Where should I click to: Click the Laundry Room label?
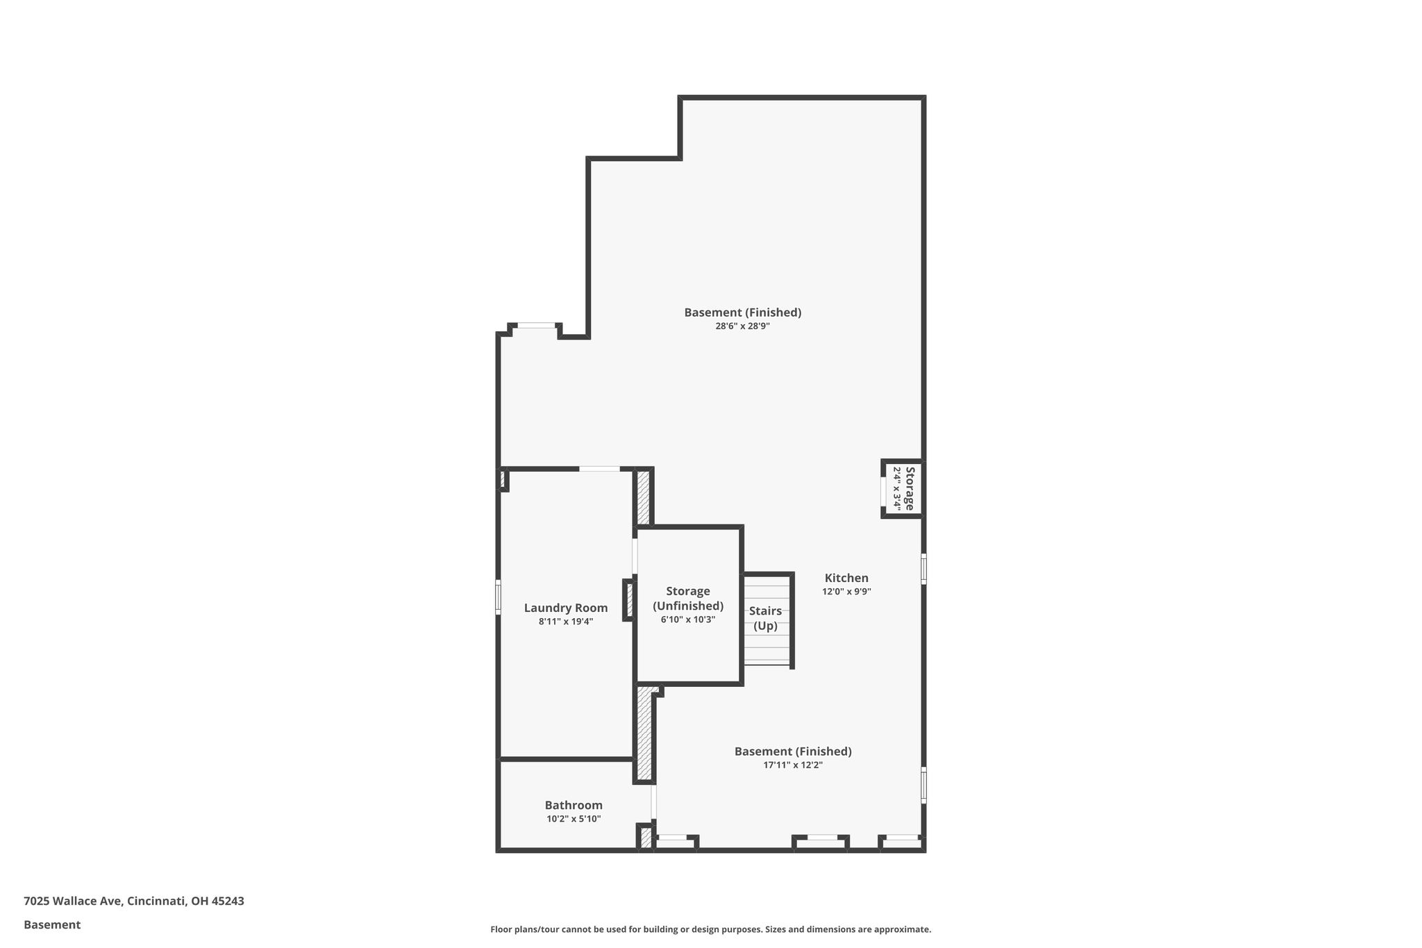(x=565, y=608)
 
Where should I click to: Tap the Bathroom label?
(x=574, y=806)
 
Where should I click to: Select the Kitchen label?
(x=846, y=578)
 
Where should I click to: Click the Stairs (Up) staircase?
(x=767, y=619)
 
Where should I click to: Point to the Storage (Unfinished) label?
(x=688, y=599)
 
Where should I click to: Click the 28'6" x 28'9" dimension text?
(x=743, y=326)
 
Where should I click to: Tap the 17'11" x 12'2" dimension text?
(x=793, y=765)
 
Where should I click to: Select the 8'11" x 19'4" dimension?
(x=566, y=622)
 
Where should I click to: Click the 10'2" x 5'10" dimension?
(x=574, y=819)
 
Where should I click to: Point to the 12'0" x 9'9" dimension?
(x=846, y=592)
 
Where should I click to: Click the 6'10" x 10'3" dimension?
(x=688, y=619)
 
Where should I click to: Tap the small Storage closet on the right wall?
(x=903, y=489)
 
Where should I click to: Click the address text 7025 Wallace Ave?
(x=73, y=901)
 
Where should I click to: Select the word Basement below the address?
(x=52, y=924)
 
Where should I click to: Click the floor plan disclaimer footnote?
(x=710, y=929)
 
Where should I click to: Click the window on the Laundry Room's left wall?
(x=498, y=597)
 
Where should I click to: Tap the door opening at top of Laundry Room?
(x=600, y=469)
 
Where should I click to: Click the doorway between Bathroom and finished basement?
(x=653, y=802)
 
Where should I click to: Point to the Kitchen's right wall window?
(x=923, y=569)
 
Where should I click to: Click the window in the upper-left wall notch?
(x=537, y=325)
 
